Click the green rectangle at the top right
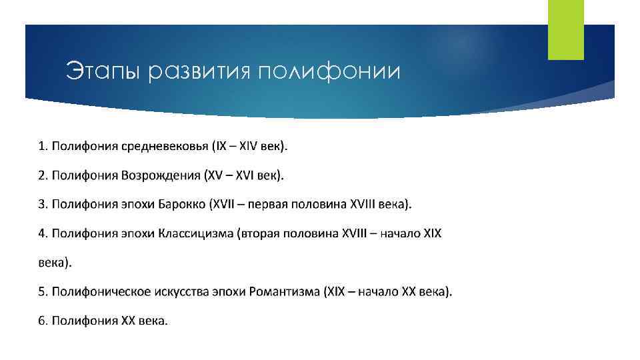point(565,29)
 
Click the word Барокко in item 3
point(181,204)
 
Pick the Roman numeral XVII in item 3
point(225,204)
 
